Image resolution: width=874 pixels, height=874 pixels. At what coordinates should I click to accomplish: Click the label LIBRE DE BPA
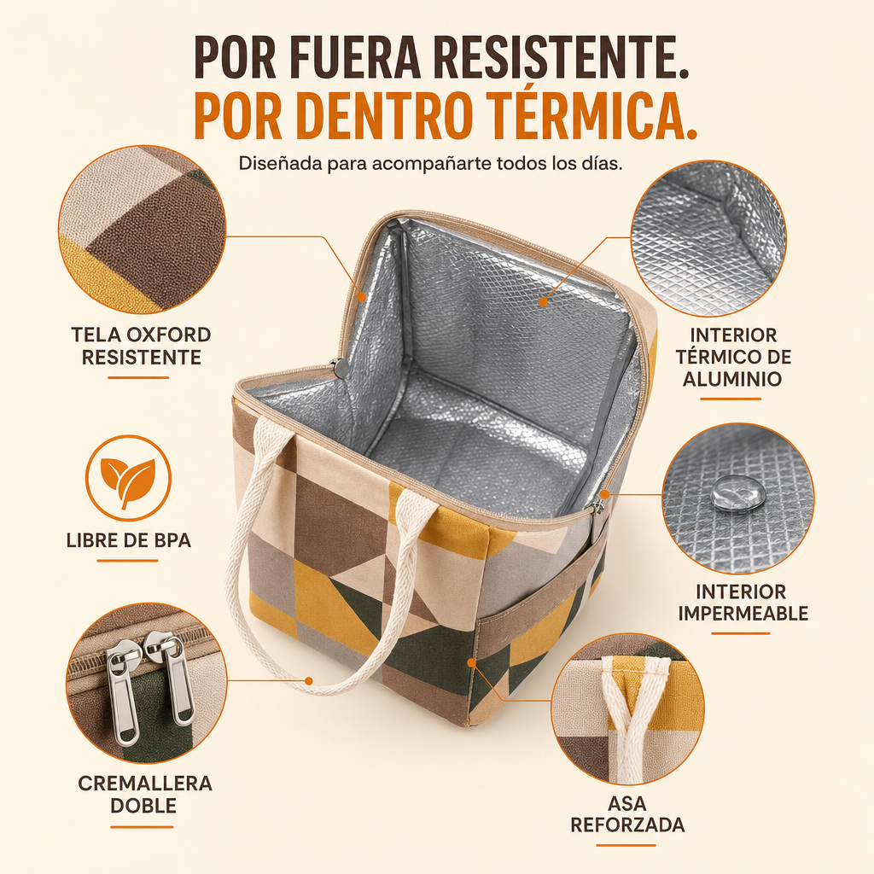point(129,540)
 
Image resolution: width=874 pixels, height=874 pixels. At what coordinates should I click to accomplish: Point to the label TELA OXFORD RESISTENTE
point(141,346)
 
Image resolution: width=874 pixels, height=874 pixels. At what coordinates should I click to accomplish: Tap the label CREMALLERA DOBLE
point(145,794)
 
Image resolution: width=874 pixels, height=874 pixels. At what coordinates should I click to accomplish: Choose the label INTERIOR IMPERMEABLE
point(743,603)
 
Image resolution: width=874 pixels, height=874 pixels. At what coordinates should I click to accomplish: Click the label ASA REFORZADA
point(627,813)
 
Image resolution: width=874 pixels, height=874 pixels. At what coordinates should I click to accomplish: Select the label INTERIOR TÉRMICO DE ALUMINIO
point(733,357)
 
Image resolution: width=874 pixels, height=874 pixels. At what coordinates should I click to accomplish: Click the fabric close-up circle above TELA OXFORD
point(143,229)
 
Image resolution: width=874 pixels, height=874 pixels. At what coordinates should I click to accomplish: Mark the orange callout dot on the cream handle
point(308,680)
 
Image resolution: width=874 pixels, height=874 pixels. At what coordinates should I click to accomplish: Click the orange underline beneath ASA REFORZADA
point(626,845)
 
